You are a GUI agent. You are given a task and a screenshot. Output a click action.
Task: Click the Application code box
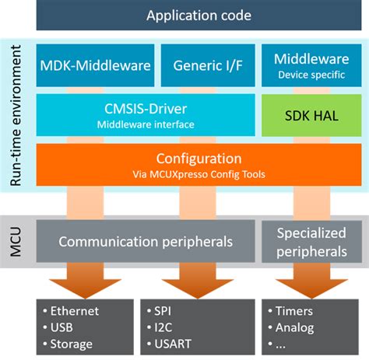tap(199, 16)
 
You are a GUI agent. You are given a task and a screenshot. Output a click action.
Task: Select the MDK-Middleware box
tap(94, 65)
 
